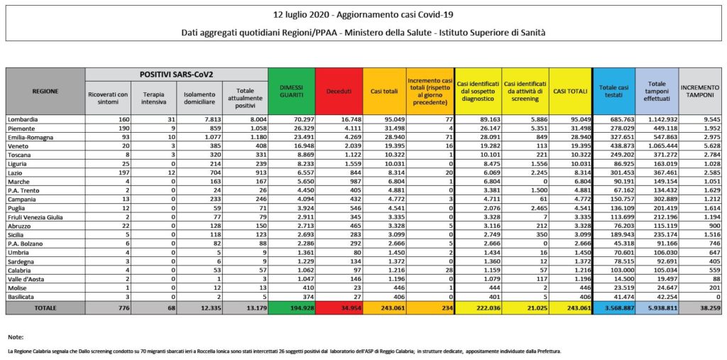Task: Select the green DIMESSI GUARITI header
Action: (291, 92)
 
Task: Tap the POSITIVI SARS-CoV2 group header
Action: (177, 74)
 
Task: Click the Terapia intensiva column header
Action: (154, 97)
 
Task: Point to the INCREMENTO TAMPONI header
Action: (700, 91)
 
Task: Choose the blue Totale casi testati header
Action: (612, 91)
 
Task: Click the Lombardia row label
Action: (24, 119)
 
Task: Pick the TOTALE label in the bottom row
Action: (45, 307)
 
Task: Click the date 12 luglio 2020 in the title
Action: (306, 15)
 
